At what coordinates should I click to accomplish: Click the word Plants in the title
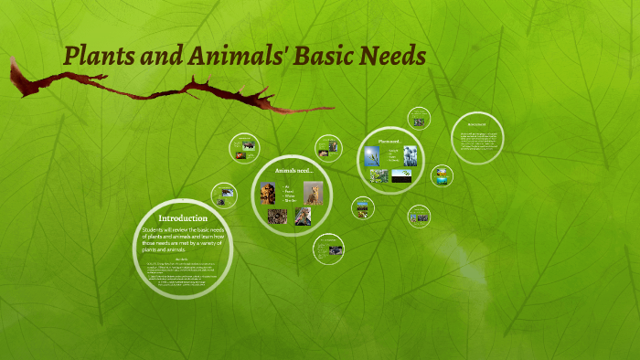click(x=99, y=57)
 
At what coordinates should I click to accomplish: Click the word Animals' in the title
click(x=229, y=57)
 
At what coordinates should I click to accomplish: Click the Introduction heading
click(x=183, y=218)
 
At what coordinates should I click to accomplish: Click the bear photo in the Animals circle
click(x=268, y=193)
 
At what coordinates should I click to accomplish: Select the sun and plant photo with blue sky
click(x=373, y=155)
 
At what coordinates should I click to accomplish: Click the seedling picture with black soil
click(x=401, y=175)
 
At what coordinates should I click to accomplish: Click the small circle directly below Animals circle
click(x=329, y=248)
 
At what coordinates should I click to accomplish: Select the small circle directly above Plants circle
click(x=419, y=118)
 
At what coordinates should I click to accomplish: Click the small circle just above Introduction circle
click(x=224, y=195)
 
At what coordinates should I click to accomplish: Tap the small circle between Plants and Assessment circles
click(x=442, y=175)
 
